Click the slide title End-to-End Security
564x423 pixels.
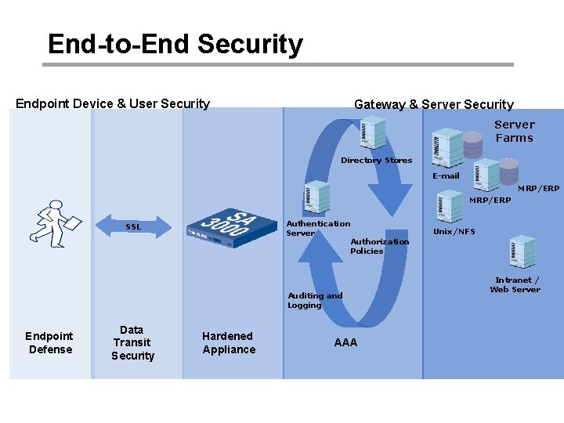click(175, 44)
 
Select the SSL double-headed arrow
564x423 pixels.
click(134, 227)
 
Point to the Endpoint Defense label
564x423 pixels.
click(50, 343)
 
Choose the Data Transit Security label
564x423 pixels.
click(132, 343)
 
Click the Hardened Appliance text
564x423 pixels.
click(228, 343)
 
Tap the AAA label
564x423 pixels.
click(345, 342)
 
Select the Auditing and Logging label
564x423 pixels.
click(315, 300)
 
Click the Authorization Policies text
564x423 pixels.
click(379, 246)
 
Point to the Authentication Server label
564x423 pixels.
click(317, 228)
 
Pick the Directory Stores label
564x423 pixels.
click(376, 161)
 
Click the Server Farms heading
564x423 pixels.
click(514, 131)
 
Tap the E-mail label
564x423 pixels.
click(446, 176)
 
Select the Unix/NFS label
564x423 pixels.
click(454, 231)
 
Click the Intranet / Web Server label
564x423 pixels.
click(515, 284)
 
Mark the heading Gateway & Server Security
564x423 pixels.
click(433, 104)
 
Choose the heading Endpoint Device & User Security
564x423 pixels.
click(113, 103)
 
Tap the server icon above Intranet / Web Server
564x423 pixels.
click(522, 251)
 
